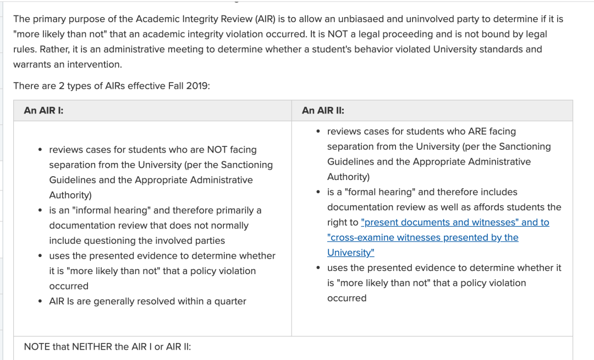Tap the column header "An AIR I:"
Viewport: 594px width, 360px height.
pos(43,111)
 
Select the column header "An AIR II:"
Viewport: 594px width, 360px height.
pos(323,111)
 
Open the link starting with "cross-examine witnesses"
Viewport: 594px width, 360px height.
pos(422,237)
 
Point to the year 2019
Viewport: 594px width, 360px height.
pos(197,86)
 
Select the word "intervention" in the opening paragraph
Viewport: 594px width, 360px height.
pos(95,64)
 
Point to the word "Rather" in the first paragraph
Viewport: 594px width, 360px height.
pos(52,50)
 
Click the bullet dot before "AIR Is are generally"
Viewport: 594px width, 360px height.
pos(41,302)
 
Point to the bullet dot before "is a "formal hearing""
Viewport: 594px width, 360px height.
pos(319,192)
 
